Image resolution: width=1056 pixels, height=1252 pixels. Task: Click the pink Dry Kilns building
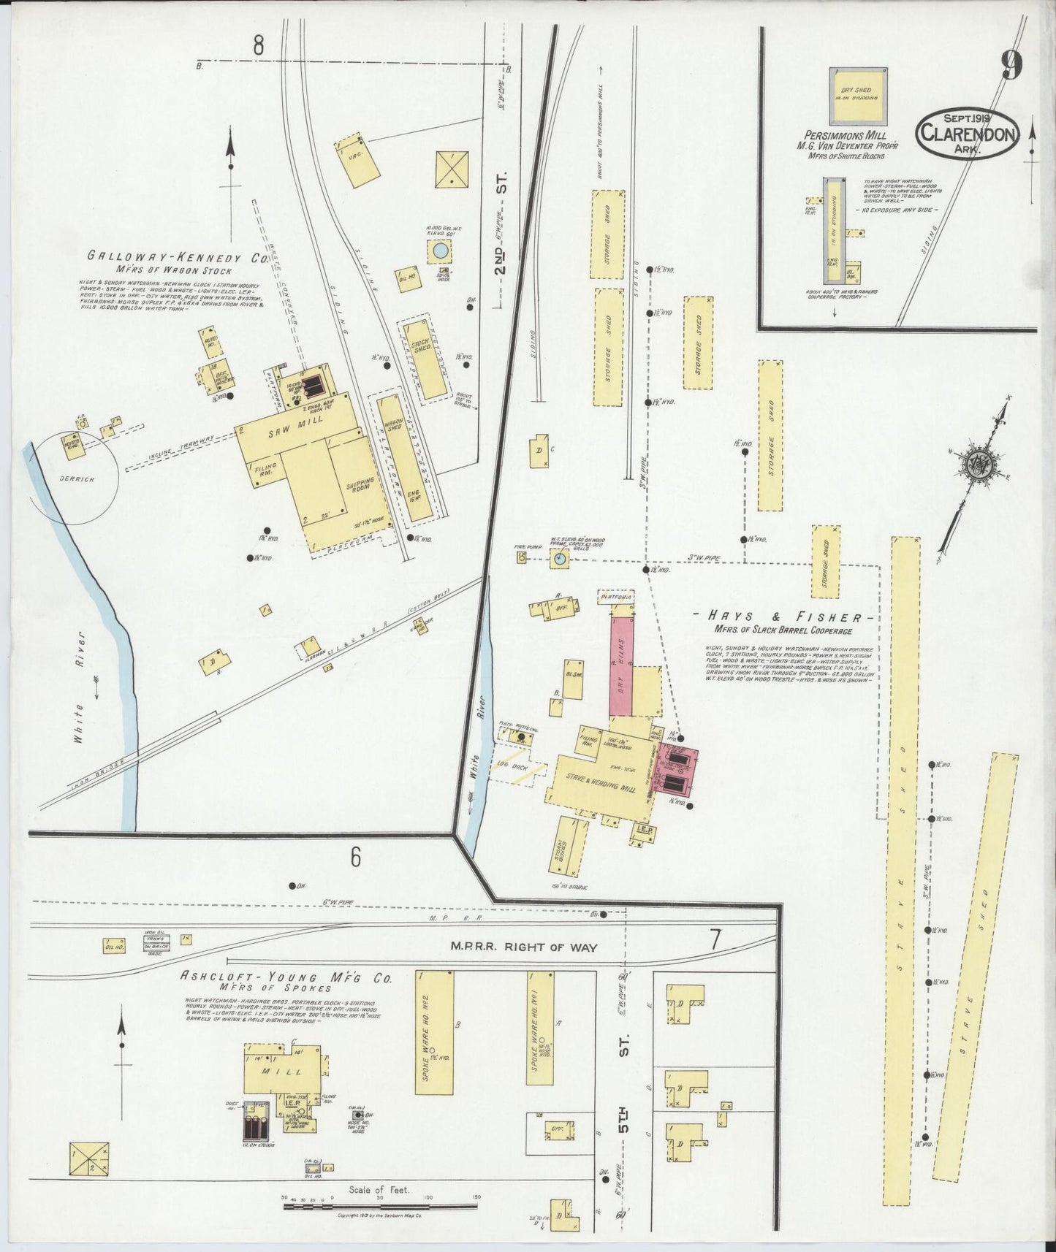click(x=620, y=665)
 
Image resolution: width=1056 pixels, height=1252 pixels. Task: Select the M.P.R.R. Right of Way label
click(x=523, y=947)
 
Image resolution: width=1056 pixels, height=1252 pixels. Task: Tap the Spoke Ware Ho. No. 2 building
click(x=434, y=1032)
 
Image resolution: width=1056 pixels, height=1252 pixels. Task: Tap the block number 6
click(x=355, y=857)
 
